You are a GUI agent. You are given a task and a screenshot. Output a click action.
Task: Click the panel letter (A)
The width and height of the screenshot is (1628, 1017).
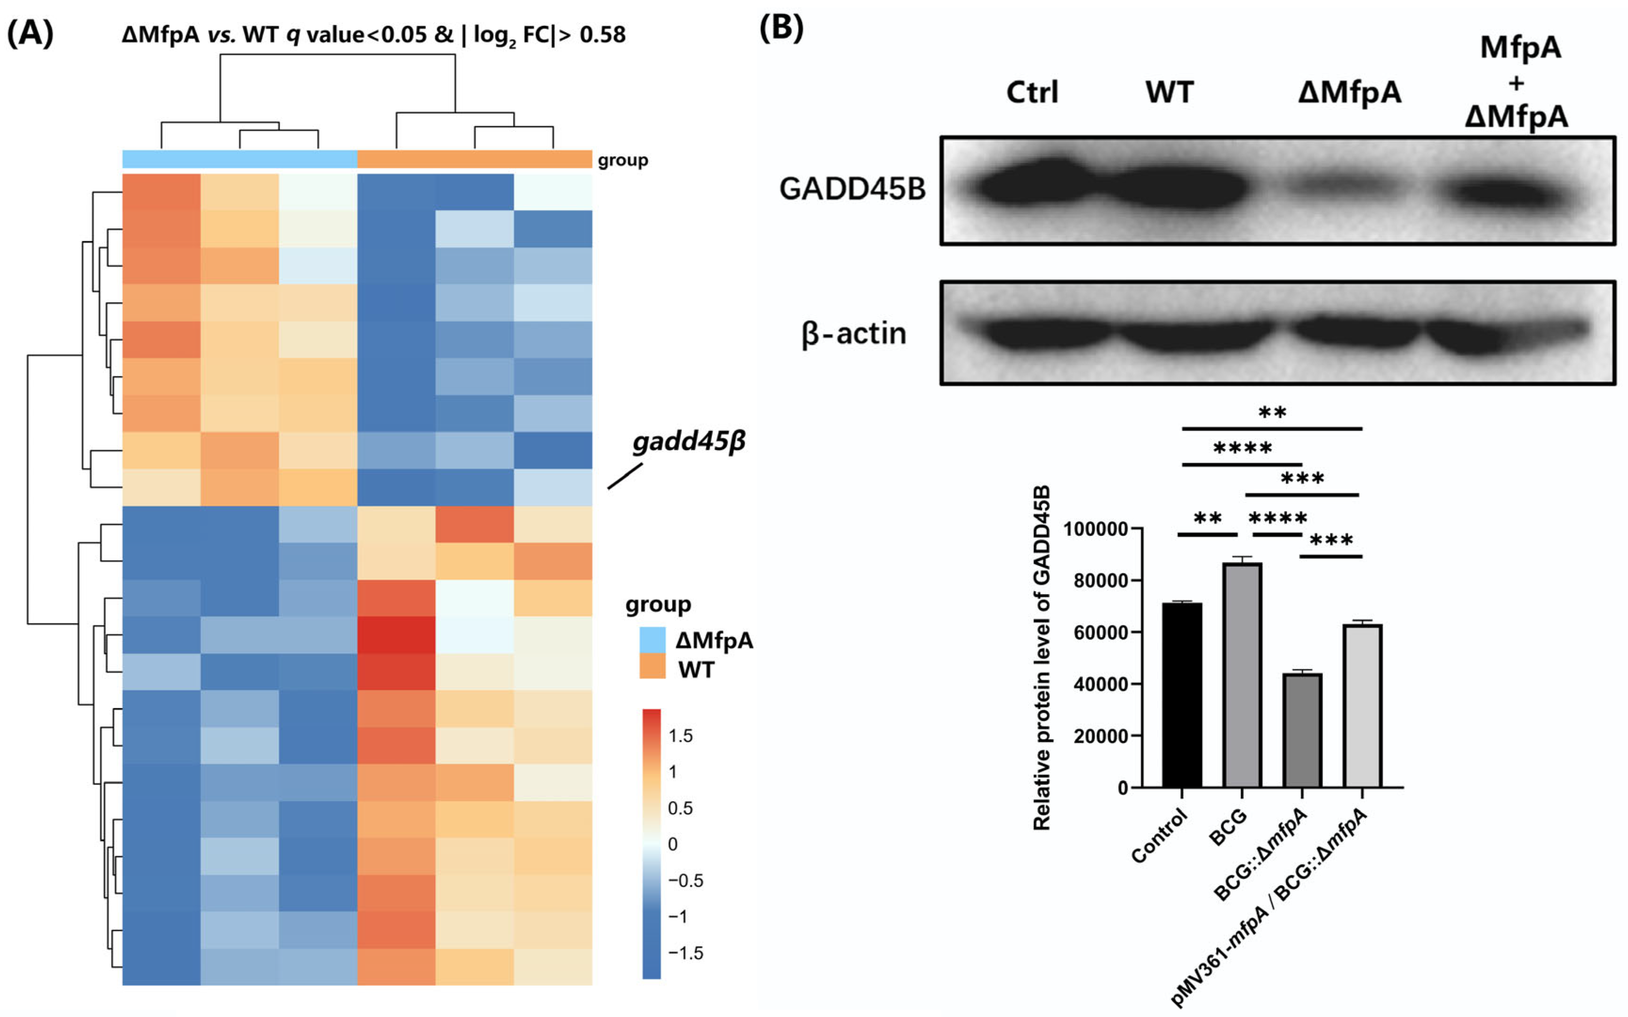coord(30,32)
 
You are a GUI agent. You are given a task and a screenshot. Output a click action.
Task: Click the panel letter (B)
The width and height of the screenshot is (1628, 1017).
coord(781,28)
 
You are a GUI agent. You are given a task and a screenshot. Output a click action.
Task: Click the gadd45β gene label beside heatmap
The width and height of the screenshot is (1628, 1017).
coord(689,442)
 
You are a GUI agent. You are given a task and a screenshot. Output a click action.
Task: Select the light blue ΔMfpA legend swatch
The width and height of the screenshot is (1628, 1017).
coord(652,640)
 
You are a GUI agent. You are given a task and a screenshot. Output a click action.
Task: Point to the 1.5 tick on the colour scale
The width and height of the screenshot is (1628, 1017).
coord(680,736)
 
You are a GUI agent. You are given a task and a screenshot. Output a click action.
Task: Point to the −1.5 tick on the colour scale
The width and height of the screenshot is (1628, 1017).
coord(685,953)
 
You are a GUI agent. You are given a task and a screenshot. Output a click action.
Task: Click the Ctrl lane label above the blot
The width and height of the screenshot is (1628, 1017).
coord(1032,92)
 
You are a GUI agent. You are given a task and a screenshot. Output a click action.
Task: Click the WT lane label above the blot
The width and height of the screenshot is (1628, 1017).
coord(1170,92)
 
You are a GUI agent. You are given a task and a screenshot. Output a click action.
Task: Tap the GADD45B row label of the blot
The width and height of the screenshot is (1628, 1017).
coord(851,189)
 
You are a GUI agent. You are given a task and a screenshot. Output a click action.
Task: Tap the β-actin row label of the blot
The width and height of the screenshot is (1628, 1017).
coord(854,334)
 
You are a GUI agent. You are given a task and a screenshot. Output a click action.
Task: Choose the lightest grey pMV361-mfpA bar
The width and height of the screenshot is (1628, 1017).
coord(1363,706)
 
